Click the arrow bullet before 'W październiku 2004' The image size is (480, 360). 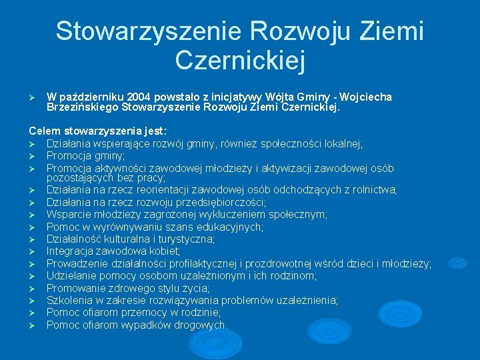coord(32,97)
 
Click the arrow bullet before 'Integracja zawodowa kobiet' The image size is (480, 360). coord(32,251)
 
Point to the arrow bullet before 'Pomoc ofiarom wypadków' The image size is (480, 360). coord(32,325)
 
